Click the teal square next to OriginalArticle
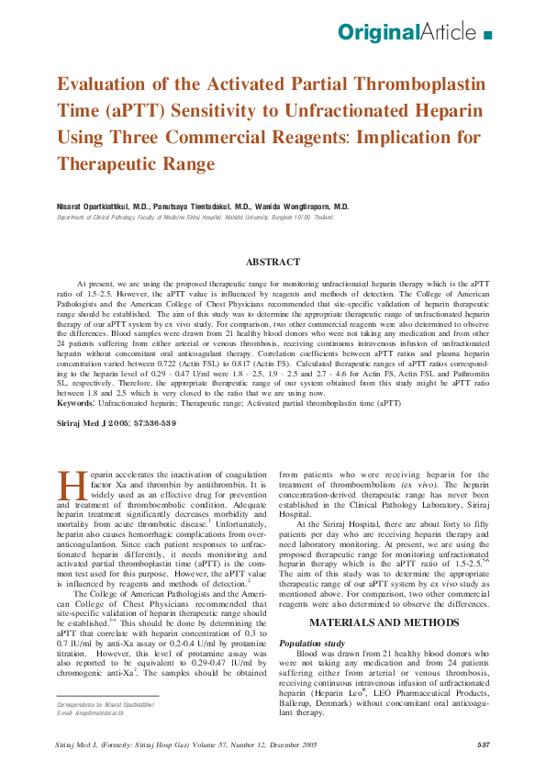click(487, 35)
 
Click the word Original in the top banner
click(377, 33)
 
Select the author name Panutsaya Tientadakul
click(199, 207)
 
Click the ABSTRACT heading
click(273, 263)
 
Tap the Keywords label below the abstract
click(74, 403)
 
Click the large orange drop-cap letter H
click(70, 485)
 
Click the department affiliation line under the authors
click(195, 218)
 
